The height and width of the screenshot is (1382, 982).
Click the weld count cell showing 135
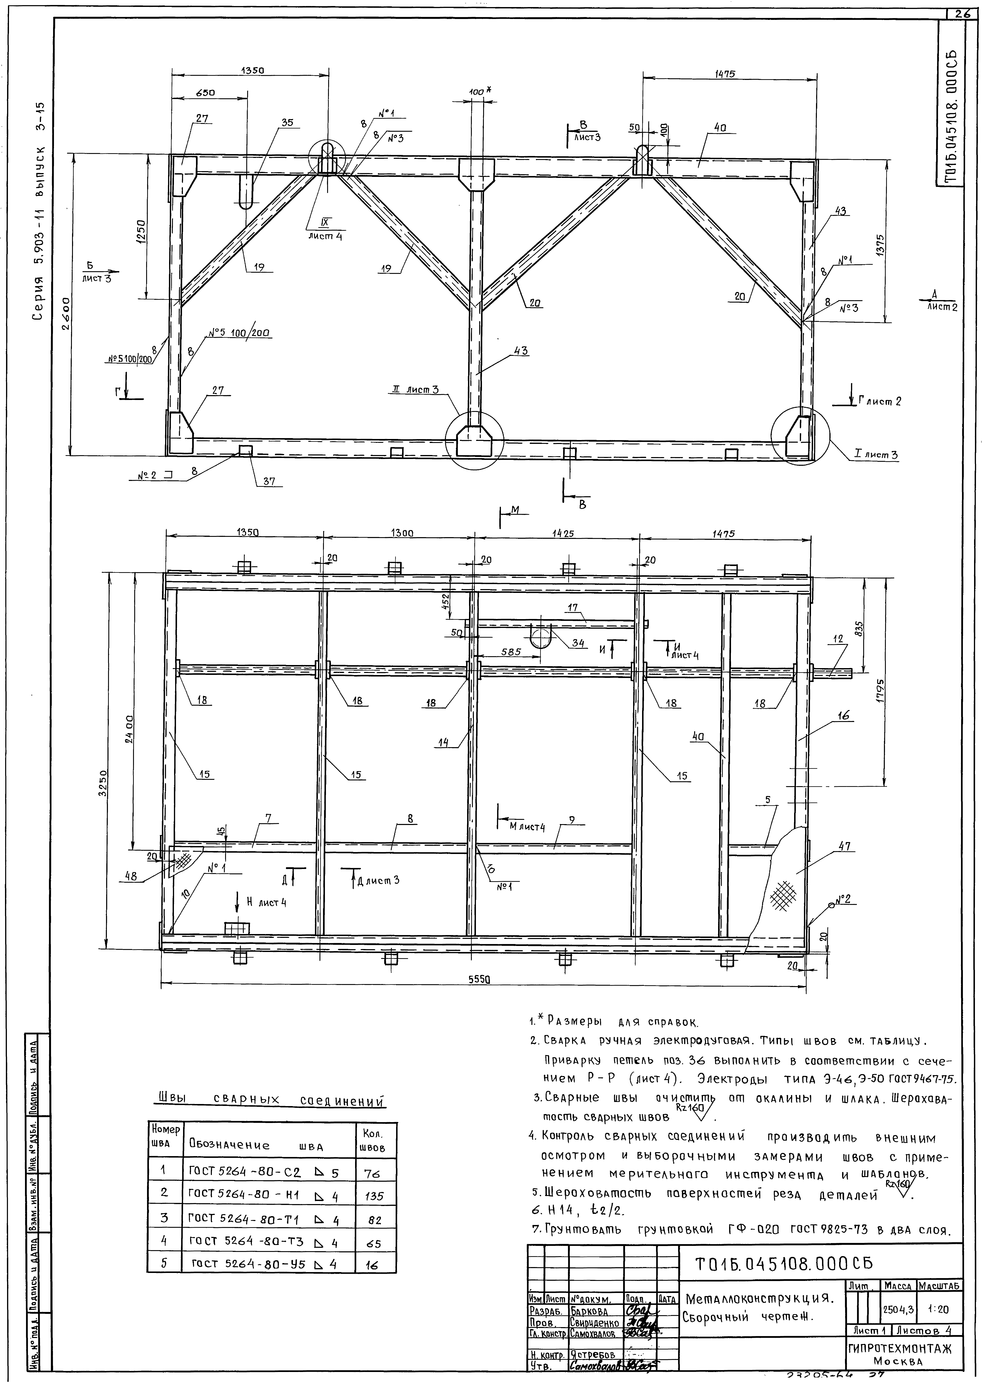[374, 1196]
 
